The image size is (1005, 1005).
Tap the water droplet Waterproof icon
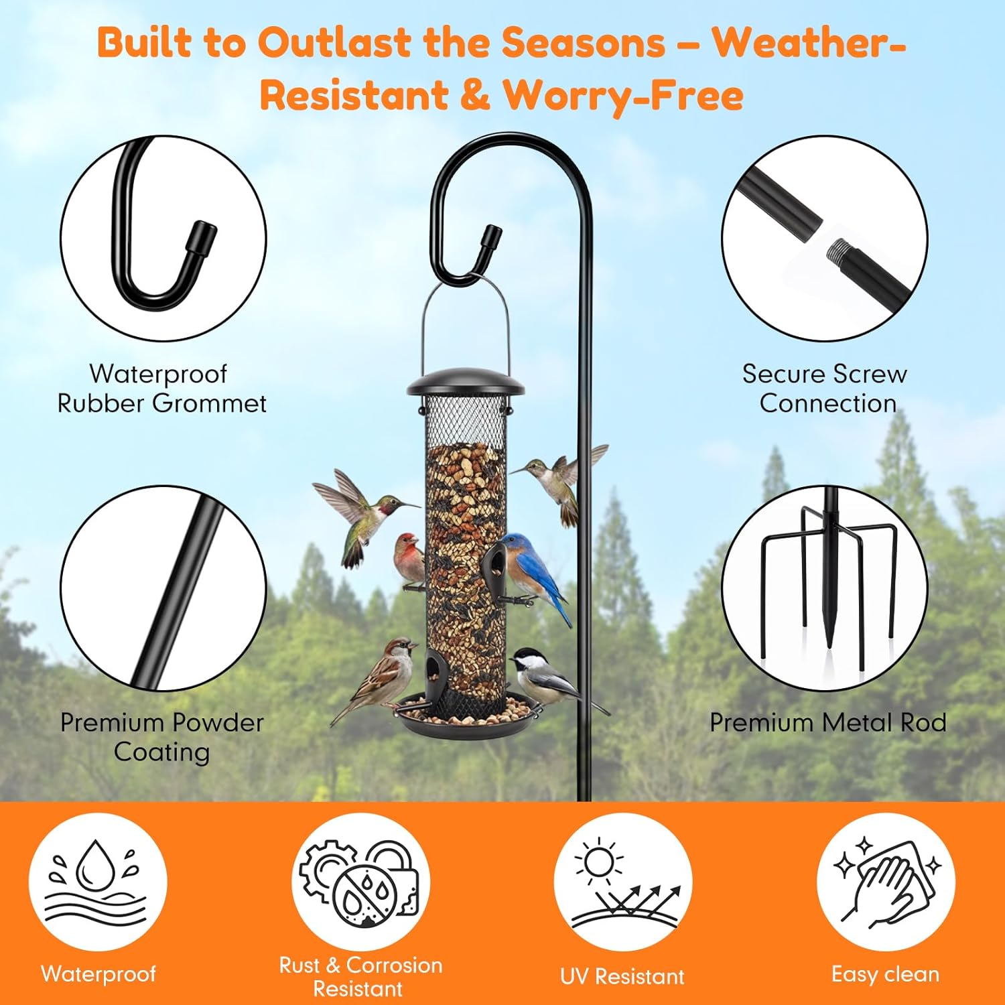pos(98,881)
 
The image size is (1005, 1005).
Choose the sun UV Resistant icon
pos(622,881)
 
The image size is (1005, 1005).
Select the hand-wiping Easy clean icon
pos(885,881)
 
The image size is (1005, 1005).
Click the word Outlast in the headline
pos(334,43)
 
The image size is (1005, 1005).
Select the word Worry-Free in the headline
pos(623,95)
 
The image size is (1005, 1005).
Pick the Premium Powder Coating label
pos(162,737)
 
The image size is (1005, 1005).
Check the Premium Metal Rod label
pos(828,722)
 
